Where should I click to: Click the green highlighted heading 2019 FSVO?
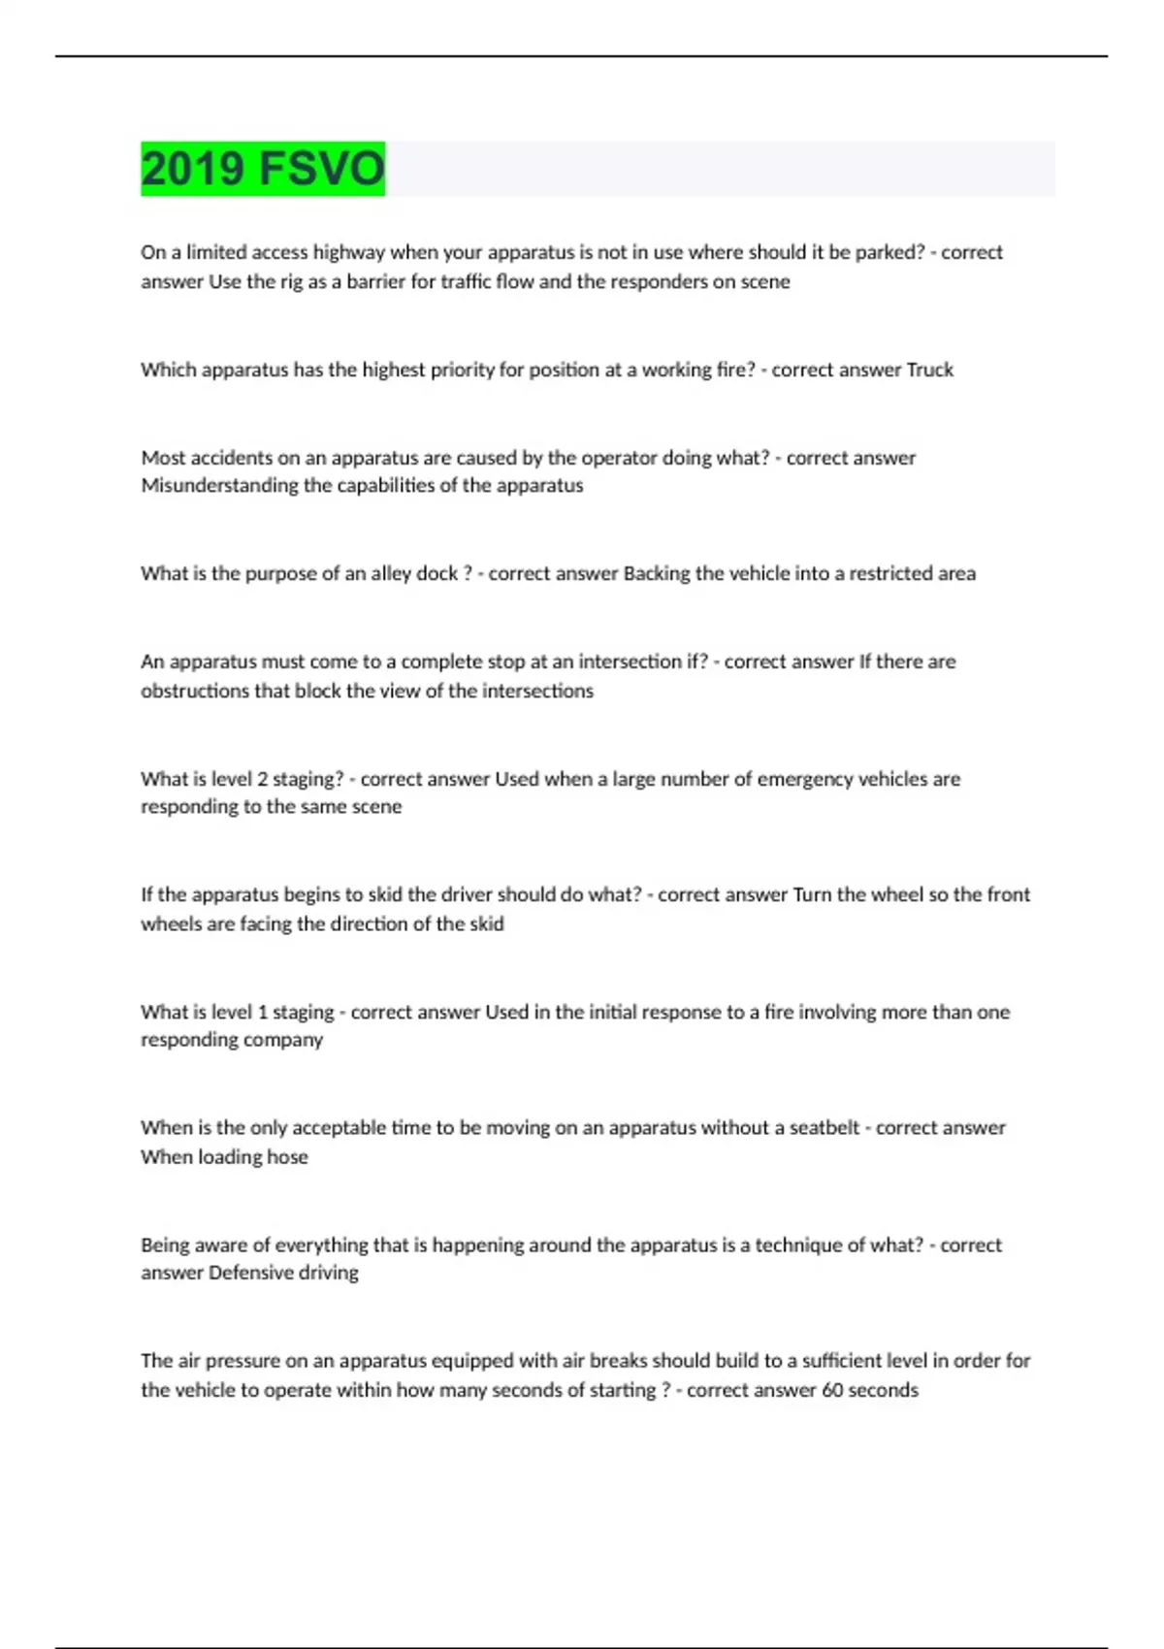tap(263, 169)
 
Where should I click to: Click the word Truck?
tap(929, 370)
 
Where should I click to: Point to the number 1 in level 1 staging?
tap(262, 1012)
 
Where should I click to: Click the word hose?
tap(287, 1156)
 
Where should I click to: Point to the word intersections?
tap(537, 691)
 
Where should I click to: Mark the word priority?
tap(461, 370)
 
